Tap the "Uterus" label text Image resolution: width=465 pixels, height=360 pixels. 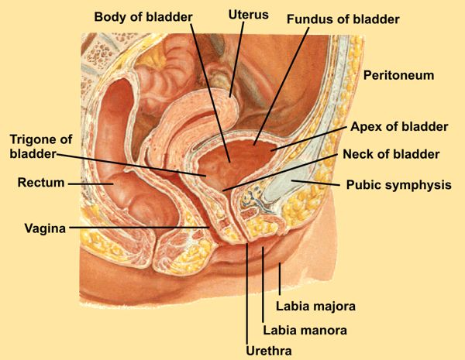[247, 15]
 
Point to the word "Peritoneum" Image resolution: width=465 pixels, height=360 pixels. [398, 76]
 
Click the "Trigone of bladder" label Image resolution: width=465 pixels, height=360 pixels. [40, 146]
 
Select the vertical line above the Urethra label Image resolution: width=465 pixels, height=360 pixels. [246, 294]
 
